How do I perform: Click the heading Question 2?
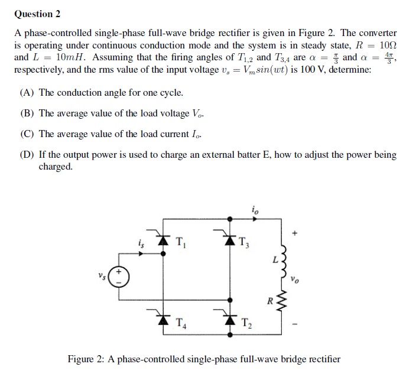click(x=37, y=14)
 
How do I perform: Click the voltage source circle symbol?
click(x=118, y=277)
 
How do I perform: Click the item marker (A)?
click(x=27, y=93)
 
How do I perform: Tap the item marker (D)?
click(x=27, y=155)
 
